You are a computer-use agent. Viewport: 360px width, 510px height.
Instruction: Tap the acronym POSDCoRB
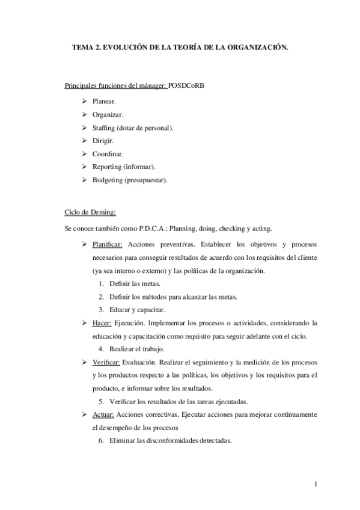click(x=187, y=86)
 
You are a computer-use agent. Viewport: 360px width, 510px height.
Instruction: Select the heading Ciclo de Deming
click(x=90, y=213)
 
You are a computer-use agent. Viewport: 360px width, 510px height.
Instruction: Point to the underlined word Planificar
click(x=108, y=245)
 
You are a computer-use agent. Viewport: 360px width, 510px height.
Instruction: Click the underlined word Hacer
click(x=102, y=324)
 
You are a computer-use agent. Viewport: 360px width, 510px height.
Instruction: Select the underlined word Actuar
click(x=103, y=415)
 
